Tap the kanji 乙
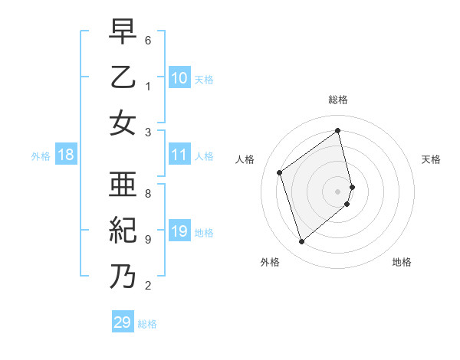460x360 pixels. tap(123, 77)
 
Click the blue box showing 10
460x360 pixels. tap(179, 78)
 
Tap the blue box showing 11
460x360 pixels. tap(179, 155)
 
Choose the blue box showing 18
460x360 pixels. tap(66, 155)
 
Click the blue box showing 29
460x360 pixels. tap(123, 322)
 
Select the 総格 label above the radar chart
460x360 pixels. tap(338, 100)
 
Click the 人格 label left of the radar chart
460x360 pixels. tap(245, 159)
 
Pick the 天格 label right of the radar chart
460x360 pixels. tap(431, 159)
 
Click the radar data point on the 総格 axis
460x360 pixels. tap(338, 130)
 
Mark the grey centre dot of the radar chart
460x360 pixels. tap(338, 191)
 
